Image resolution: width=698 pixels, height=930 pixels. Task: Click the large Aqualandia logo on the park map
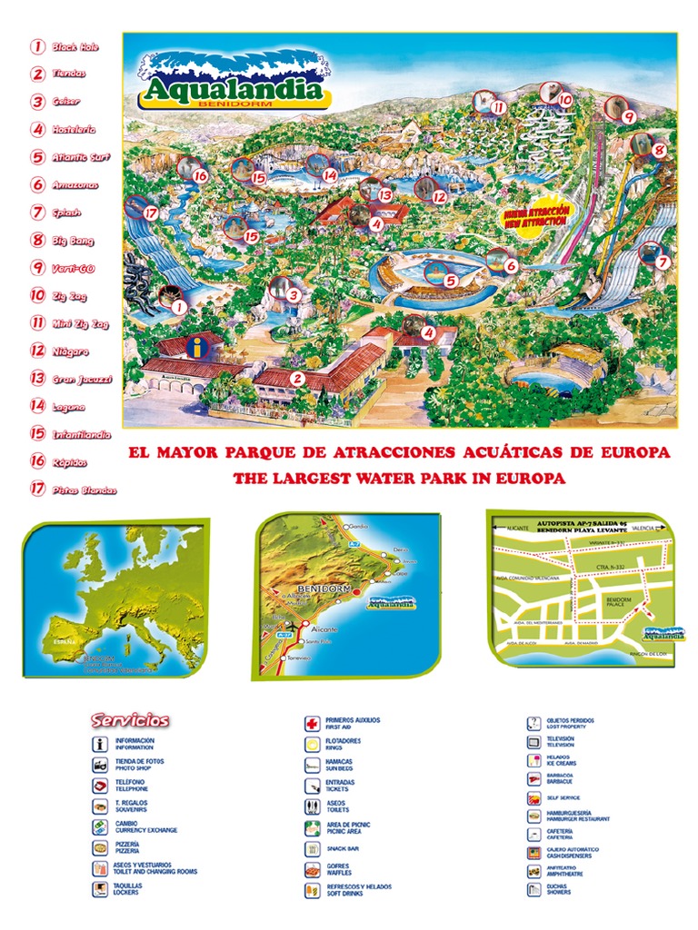coord(231,81)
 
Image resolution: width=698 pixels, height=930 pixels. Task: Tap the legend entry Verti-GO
coord(72,268)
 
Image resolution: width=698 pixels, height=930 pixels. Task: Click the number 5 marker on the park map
coord(450,281)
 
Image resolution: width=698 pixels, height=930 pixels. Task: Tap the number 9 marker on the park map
coord(627,116)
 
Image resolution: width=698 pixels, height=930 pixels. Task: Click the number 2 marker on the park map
coord(296,379)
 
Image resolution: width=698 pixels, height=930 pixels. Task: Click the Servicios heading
coord(129,720)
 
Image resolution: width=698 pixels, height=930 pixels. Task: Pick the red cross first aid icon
coord(311,724)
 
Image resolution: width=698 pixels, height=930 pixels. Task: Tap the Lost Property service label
coord(569,724)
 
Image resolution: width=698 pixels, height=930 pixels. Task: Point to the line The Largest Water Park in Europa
coord(399,478)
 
